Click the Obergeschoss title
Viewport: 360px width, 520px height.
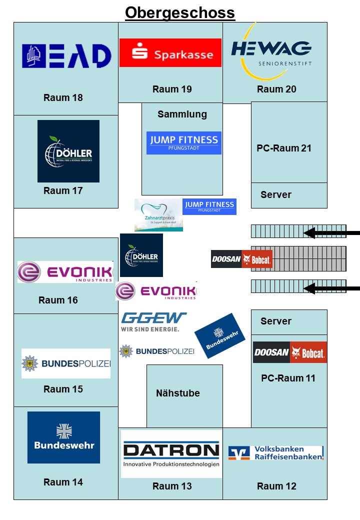(180, 12)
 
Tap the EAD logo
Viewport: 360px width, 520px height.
(66, 56)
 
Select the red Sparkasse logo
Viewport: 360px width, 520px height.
(170, 53)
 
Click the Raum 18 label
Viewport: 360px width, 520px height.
(63, 97)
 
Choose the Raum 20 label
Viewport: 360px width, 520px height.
(276, 89)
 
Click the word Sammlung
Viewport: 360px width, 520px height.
(182, 114)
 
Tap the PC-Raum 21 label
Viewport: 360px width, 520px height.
(283, 148)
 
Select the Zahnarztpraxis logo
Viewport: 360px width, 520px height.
(158, 215)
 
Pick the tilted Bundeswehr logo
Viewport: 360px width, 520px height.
(219, 335)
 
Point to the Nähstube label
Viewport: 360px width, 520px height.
(177, 393)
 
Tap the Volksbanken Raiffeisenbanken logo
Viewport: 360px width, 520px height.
(276, 452)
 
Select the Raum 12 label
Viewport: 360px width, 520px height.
(276, 486)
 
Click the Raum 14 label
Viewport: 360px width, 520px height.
(63, 482)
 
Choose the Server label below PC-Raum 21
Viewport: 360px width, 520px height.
(275, 194)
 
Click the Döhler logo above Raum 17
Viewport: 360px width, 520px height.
(68, 151)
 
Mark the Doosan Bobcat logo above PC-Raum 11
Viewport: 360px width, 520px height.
(290, 352)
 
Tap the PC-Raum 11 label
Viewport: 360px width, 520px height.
(288, 378)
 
